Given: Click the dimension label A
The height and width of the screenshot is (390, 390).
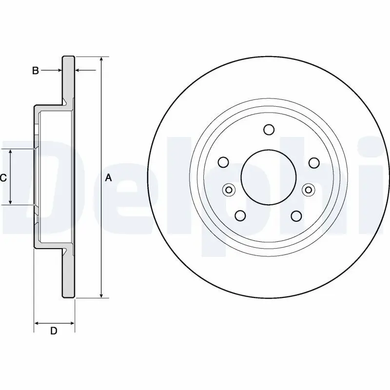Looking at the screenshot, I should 108,178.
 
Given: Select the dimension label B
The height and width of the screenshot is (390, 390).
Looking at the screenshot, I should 35,71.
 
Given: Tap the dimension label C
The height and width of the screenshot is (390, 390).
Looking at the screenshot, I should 3,178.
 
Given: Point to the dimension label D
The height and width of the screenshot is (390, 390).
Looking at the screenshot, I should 54,331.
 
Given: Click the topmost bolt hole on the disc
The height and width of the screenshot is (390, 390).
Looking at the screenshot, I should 269,130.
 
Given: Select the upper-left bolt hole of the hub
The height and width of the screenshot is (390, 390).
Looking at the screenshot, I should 223,162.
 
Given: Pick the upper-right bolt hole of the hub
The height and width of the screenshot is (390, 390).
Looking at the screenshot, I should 313,162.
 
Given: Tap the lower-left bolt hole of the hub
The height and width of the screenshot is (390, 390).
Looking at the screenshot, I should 240,215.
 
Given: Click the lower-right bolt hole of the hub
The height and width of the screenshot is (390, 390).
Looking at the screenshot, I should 296,215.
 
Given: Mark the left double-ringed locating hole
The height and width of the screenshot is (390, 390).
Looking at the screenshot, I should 228,190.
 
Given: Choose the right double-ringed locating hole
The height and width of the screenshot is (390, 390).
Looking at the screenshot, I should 308,190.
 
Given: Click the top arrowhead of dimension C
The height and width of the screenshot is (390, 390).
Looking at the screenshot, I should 11,152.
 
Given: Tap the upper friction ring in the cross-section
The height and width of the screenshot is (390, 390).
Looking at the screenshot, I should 68,78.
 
